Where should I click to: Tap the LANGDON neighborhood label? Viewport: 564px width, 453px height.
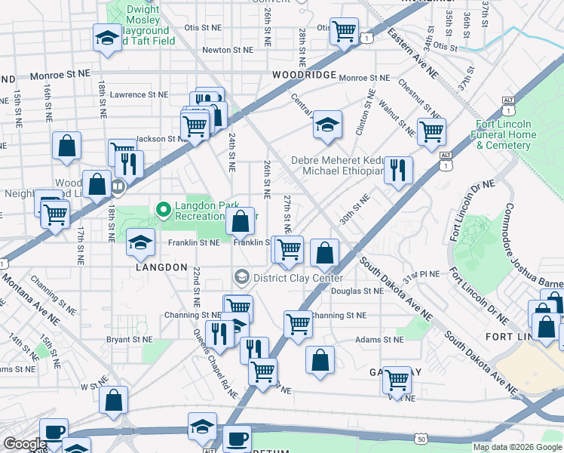161,267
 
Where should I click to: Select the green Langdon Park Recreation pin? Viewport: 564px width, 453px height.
161,208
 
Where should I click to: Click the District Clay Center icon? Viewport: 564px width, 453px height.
241,277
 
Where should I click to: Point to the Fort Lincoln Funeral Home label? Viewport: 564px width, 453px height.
505,134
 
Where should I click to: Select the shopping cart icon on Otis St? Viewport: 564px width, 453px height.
344,32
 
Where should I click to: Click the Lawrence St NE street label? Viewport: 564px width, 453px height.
138,95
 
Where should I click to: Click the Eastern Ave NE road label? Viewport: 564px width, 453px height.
412,54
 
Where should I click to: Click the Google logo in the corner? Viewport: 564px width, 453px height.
25,445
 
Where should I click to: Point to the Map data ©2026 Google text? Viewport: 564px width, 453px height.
517,447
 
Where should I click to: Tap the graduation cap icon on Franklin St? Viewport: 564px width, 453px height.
139,242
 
